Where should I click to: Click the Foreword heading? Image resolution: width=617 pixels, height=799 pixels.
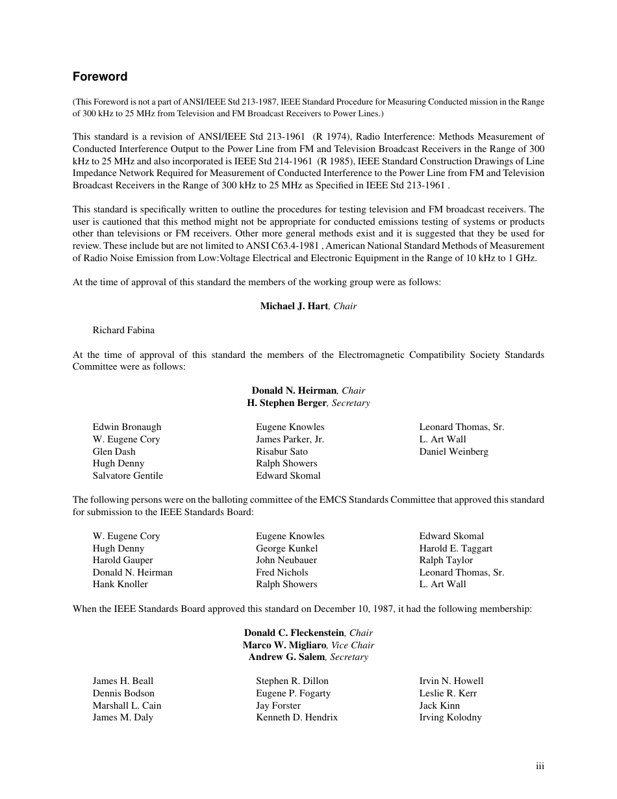pos(100,77)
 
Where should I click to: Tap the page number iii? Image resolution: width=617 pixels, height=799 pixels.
pos(540,767)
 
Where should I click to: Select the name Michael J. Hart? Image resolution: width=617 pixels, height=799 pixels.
pos(294,306)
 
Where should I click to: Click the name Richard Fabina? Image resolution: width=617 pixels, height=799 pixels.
pos(123,330)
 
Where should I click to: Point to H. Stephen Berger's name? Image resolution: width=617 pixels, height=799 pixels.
pos(286,403)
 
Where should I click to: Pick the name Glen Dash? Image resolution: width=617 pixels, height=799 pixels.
pos(114,451)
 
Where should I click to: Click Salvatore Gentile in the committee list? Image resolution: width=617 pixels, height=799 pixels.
pos(127,476)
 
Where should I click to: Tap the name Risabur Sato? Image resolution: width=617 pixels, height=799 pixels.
pos(282,451)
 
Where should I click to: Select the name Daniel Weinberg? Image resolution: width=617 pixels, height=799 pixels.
pos(453,451)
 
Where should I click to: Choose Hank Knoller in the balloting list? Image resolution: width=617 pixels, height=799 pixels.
pos(120,584)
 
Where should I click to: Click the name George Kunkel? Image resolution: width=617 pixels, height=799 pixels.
pos(286,548)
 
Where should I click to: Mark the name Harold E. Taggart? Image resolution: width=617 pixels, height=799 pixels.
pos(455,548)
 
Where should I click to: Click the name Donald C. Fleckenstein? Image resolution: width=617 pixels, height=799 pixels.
pos(294,633)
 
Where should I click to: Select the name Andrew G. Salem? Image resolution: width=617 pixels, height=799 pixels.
pos(287,657)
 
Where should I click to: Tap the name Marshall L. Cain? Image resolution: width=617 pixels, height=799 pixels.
pos(127,705)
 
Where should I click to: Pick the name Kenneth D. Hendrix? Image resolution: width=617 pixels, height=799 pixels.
pos(297,717)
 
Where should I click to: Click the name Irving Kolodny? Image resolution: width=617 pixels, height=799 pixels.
pos(450,717)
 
